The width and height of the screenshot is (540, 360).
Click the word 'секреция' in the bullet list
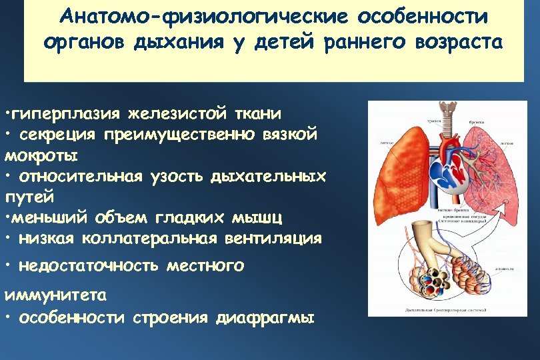pos(57,135)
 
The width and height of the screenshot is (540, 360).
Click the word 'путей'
pos(27,198)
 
